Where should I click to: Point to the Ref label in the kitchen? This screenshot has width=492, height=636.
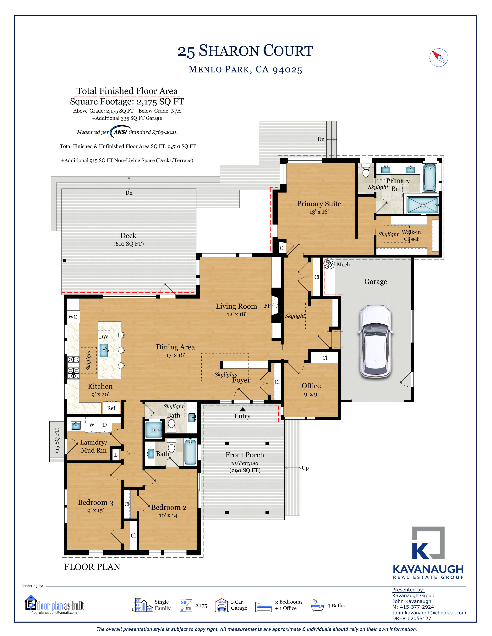coord(111,408)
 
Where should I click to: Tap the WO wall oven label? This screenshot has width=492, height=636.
coord(73,317)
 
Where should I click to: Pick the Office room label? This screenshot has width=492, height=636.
coord(311,386)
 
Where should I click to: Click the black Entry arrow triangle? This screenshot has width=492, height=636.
coord(242,409)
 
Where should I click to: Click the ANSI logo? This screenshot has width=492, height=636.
coord(120,132)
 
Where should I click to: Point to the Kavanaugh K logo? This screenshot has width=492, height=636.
coord(428,543)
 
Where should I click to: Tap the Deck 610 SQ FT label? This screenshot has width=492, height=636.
coord(128,239)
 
